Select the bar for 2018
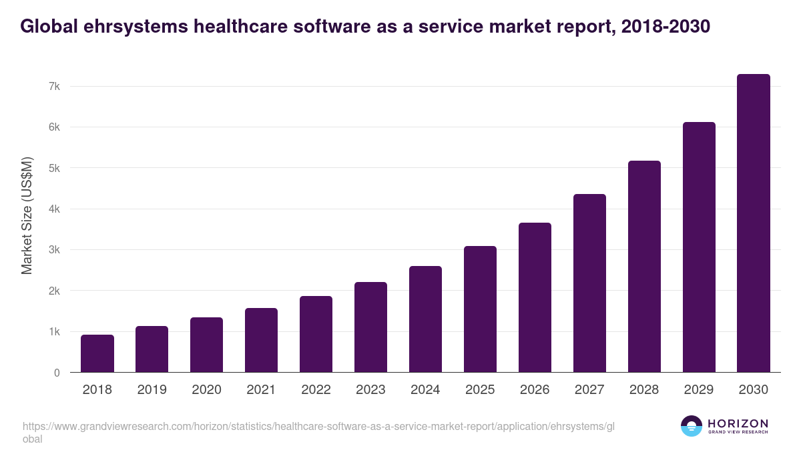(97, 353)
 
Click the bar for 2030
(754, 223)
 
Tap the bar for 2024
(425, 319)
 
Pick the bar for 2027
(589, 283)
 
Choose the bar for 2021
(261, 340)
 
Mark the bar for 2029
(699, 247)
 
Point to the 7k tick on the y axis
(54, 86)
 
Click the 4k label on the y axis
(54, 209)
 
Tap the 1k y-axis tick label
(54, 332)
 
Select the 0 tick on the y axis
(57, 373)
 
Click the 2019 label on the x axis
(152, 390)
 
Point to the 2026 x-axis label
(535, 390)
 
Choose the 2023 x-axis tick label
(370, 390)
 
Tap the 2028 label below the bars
(644, 390)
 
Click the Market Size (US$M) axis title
(27, 215)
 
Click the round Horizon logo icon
(692, 426)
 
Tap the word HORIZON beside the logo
(738, 423)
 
